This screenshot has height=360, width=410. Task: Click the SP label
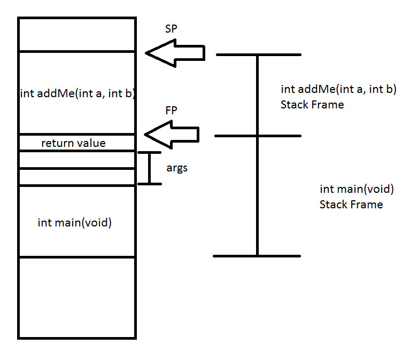pos(171,28)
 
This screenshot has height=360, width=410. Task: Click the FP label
pos(171,111)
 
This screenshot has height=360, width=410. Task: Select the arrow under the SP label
pos(175,53)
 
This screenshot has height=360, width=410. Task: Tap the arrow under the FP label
pos(172,135)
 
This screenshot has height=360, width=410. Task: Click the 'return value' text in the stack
pos(73,143)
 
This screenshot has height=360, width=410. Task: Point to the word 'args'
pos(177,168)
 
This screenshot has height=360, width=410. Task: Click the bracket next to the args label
pos(150,168)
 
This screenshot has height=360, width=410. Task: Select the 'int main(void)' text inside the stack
pos(75,223)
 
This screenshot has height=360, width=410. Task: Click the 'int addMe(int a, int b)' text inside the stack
pos(78,93)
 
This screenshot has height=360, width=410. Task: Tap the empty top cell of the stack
pos(77,34)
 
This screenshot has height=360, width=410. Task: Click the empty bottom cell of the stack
pos(77,298)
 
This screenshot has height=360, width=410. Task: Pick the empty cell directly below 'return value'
pos(77,160)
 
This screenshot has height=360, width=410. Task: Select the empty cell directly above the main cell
pos(77,177)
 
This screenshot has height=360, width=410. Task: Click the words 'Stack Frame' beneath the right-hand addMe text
pos(312,105)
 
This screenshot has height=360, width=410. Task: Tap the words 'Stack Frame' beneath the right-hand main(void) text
pos(351,205)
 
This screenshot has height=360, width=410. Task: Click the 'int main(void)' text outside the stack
pos(357,189)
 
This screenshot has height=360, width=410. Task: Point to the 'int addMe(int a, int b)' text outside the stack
pos(338,89)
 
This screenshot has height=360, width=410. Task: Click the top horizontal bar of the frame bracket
pos(259,54)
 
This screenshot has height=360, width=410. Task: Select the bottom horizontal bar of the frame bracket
pos(257,256)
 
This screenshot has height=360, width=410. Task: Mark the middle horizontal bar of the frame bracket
pos(258,136)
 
